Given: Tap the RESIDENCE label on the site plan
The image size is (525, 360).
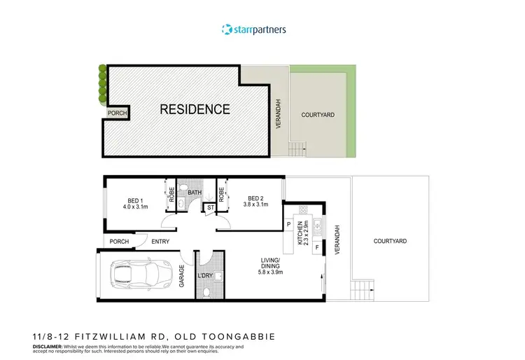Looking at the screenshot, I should [x=195, y=109].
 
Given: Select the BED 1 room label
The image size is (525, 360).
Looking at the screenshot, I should [x=137, y=202].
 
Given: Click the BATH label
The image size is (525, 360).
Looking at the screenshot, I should [x=194, y=193].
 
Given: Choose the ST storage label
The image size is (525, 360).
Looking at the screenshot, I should [x=210, y=207].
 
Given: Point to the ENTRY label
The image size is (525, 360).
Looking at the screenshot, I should [x=160, y=242].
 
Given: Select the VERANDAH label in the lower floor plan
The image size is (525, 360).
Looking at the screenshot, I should [x=337, y=240].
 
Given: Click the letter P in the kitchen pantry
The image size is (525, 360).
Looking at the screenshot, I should [x=288, y=224].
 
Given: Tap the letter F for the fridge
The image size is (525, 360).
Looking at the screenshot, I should [x=316, y=248].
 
